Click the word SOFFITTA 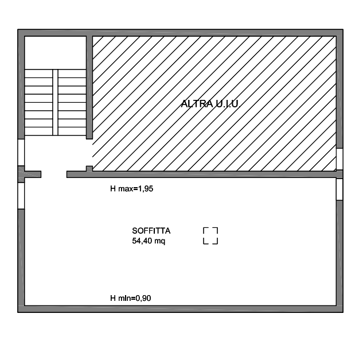tap(151, 231)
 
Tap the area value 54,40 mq tap(149, 241)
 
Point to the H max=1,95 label tap(131, 189)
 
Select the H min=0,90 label tap(131, 298)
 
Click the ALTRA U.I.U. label tap(210, 103)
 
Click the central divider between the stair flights tap(55, 102)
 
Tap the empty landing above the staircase tap(55, 53)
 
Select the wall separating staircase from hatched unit tap(89, 87)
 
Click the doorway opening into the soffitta tap(54, 175)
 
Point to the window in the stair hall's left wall tap(21, 153)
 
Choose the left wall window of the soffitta tap(21, 196)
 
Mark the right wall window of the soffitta tap(339, 189)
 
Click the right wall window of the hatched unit tap(339, 159)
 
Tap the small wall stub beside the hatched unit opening tap(89, 169)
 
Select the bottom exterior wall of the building tap(180, 309)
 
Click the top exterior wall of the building tap(180, 33)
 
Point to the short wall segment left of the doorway tap(33, 175)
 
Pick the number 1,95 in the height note tap(146, 189)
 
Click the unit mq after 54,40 tap(160, 242)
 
